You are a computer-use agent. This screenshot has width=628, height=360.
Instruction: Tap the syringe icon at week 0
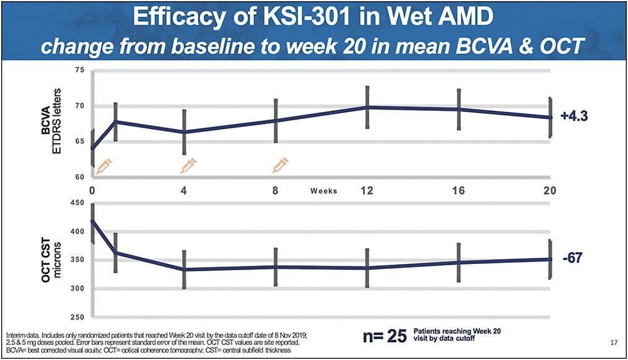point(103,165)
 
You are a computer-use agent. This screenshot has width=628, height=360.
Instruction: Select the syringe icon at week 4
point(188,165)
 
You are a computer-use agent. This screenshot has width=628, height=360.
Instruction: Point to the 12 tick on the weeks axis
point(366,190)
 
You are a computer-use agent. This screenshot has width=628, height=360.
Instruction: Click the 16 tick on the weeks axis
point(458,190)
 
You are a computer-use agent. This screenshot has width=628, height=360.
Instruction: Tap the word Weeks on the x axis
point(324,191)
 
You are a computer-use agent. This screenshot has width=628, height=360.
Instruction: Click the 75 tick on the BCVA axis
point(79,71)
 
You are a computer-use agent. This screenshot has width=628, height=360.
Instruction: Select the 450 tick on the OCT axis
point(77,203)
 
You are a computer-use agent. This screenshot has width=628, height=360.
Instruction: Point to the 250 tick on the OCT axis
point(77,318)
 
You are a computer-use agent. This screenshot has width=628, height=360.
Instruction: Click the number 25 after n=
point(396,336)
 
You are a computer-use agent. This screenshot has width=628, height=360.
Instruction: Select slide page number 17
point(613,342)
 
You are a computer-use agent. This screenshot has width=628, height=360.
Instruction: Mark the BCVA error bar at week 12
point(367,107)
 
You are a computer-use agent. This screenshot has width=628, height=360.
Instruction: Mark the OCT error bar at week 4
point(184,270)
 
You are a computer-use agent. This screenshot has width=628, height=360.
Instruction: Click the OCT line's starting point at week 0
point(93,221)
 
